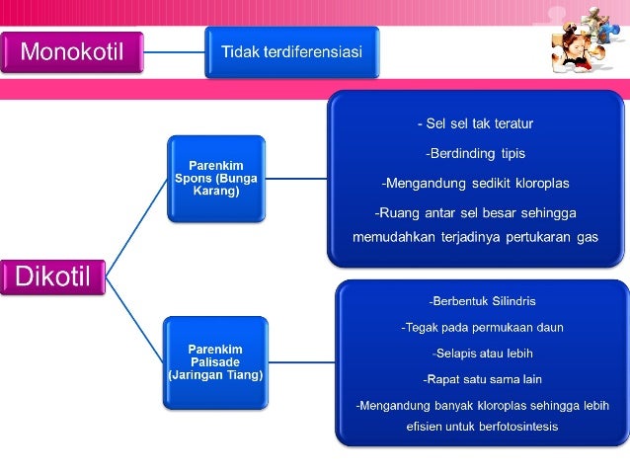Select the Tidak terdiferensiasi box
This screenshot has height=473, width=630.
point(291,51)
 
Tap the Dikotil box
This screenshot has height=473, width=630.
point(53,276)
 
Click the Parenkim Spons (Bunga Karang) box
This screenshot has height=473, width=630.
point(215,178)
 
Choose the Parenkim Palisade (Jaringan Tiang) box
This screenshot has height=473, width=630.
point(215,361)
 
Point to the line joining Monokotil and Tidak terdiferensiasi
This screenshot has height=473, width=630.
point(175,51)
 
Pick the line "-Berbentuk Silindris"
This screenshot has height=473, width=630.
point(482,300)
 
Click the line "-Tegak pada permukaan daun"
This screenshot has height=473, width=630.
point(482,326)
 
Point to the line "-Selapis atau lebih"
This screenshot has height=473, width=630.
point(482,353)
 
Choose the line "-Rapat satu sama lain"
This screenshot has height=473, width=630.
point(482,378)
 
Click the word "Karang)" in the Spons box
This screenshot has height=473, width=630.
point(215,190)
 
